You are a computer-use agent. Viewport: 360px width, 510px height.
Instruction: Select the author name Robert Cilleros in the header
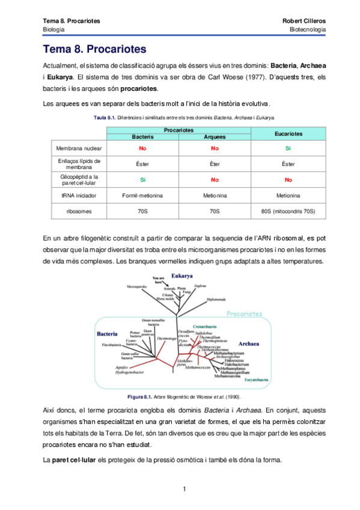[x=304, y=21]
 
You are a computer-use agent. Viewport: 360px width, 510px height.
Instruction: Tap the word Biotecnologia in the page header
[x=308, y=29]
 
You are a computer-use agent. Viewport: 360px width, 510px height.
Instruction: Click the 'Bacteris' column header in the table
[x=142, y=137]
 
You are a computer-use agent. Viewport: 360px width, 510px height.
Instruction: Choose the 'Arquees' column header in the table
[x=214, y=137]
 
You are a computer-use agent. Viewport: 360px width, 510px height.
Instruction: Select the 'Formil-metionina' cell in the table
[x=142, y=195]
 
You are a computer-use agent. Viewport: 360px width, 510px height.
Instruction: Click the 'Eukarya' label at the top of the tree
[x=182, y=275]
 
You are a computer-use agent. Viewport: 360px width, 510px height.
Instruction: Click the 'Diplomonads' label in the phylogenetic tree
[x=216, y=299]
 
